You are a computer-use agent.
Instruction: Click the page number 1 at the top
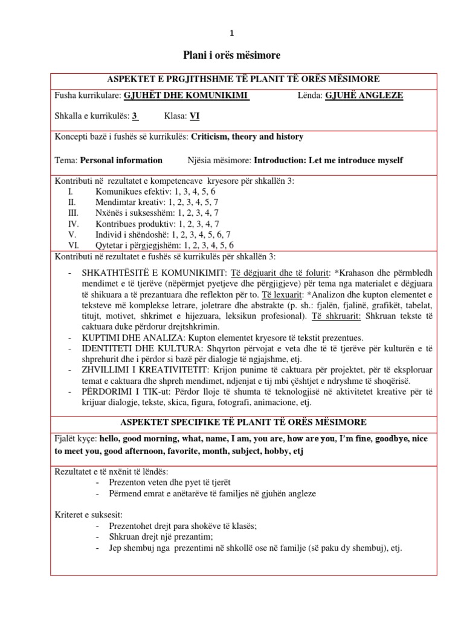[232, 33]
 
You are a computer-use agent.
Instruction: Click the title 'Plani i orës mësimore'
[232, 56]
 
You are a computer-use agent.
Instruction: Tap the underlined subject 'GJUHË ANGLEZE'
[364, 96]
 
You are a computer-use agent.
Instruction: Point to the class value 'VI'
[194, 116]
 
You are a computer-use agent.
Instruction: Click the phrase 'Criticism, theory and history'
[247, 137]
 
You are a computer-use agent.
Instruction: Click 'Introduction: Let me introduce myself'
[328, 160]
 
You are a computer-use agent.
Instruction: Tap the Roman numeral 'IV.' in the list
[72, 224]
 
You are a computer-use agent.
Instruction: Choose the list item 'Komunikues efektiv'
[127, 191]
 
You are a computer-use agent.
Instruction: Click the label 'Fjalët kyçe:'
[76, 439]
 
